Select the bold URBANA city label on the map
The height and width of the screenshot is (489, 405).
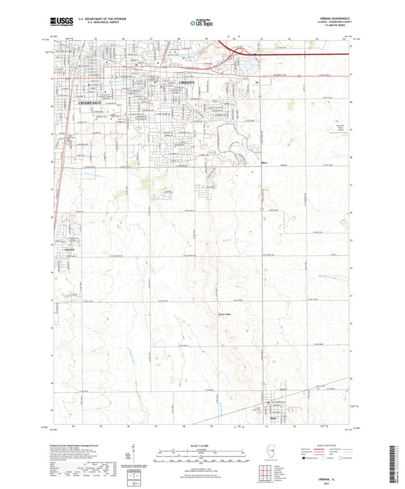coord(187,82)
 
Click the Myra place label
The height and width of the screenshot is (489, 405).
coord(264,163)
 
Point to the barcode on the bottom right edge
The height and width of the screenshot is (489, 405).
coord(397,464)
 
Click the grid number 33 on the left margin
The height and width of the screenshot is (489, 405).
coord(52,300)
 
